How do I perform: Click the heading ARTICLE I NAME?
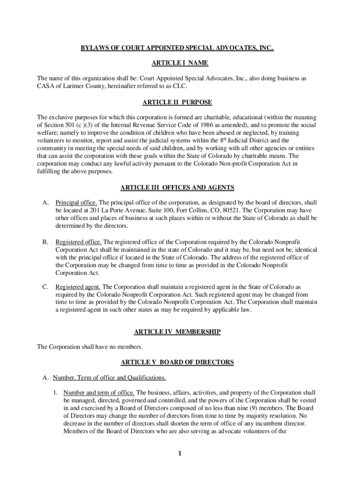pos(180,63)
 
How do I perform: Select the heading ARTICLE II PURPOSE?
pos(180,102)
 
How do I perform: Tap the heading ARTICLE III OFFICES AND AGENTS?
pos(177,188)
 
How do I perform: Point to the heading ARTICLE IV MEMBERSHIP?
pos(177,332)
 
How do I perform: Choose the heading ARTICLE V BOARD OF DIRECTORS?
pos(177,363)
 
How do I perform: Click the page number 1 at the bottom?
pos(180,454)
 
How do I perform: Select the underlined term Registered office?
pos(79,242)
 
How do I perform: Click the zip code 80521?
pos(232,210)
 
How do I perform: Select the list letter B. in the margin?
pos(45,242)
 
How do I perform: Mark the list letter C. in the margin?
pos(45,287)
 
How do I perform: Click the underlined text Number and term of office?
pos(99,392)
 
